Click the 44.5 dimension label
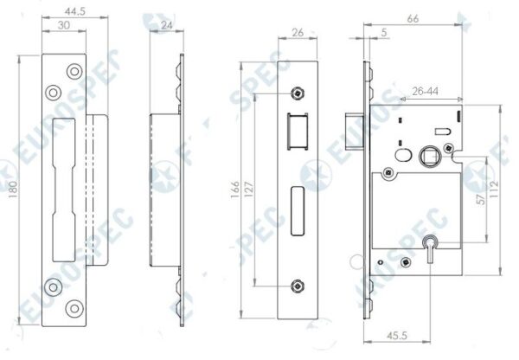tap(74, 11)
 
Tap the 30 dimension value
tap(63, 25)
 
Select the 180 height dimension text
tap(13, 190)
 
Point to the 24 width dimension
tap(166, 25)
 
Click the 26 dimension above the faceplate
tap(298, 33)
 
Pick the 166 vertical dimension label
tap(234, 190)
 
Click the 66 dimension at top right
tap(413, 19)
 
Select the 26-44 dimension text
tap(425, 91)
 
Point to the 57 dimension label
tap(482, 199)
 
